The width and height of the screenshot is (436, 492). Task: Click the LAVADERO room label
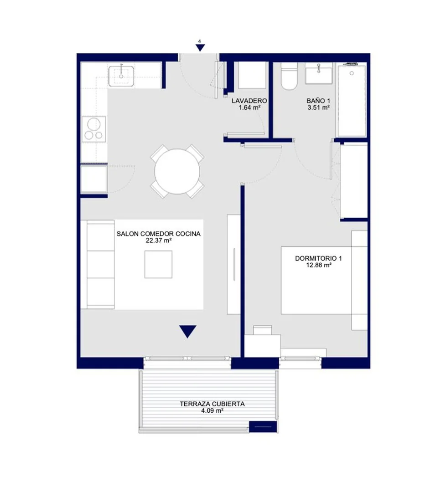click(249, 101)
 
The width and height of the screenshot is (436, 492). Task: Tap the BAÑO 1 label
click(318, 101)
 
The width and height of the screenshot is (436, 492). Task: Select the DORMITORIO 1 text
click(318, 258)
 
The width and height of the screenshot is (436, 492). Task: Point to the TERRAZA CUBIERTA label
click(212, 404)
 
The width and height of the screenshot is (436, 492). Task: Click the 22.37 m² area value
click(159, 241)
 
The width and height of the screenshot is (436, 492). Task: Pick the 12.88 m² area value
click(319, 265)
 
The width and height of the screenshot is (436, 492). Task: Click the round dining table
click(177, 171)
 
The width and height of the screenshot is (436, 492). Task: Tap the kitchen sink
click(121, 76)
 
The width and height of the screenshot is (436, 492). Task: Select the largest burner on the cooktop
click(94, 124)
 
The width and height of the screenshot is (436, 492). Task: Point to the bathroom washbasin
click(319, 73)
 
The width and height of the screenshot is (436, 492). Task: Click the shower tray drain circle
click(352, 73)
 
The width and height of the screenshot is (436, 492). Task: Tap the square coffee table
click(158, 264)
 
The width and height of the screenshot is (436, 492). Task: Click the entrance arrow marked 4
click(200, 48)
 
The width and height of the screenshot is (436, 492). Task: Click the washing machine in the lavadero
click(252, 75)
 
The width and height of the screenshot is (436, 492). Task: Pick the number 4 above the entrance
click(200, 41)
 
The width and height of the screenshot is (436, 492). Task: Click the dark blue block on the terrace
click(263, 427)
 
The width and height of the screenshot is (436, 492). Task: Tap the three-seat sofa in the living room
click(98, 264)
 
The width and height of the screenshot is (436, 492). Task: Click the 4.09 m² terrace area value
click(213, 411)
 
